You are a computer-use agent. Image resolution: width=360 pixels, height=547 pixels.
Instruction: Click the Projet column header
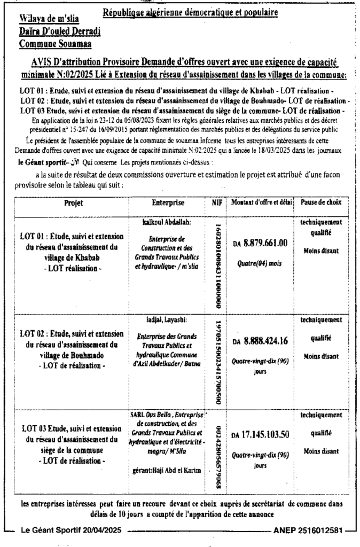coord(69,204)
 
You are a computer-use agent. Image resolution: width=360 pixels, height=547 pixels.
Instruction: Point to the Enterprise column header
coord(168,204)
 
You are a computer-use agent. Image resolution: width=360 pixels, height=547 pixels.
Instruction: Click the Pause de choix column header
coord(321,204)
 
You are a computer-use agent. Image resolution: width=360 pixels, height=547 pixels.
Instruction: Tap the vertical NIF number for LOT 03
coord(218,457)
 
